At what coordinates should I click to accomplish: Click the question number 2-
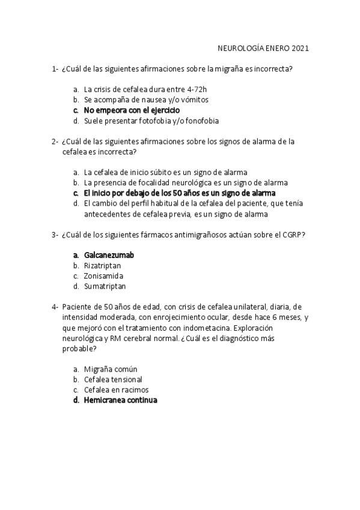pos(55,142)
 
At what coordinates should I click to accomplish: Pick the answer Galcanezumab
pos(109,255)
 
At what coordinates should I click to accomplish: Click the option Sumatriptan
pos(105,286)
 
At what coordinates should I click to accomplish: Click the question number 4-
pos(55,307)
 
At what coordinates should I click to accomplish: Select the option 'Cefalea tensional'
pos(113,379)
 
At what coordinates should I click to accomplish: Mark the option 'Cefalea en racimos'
pos(116,390)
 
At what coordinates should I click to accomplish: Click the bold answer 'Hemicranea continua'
pos(120,400)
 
